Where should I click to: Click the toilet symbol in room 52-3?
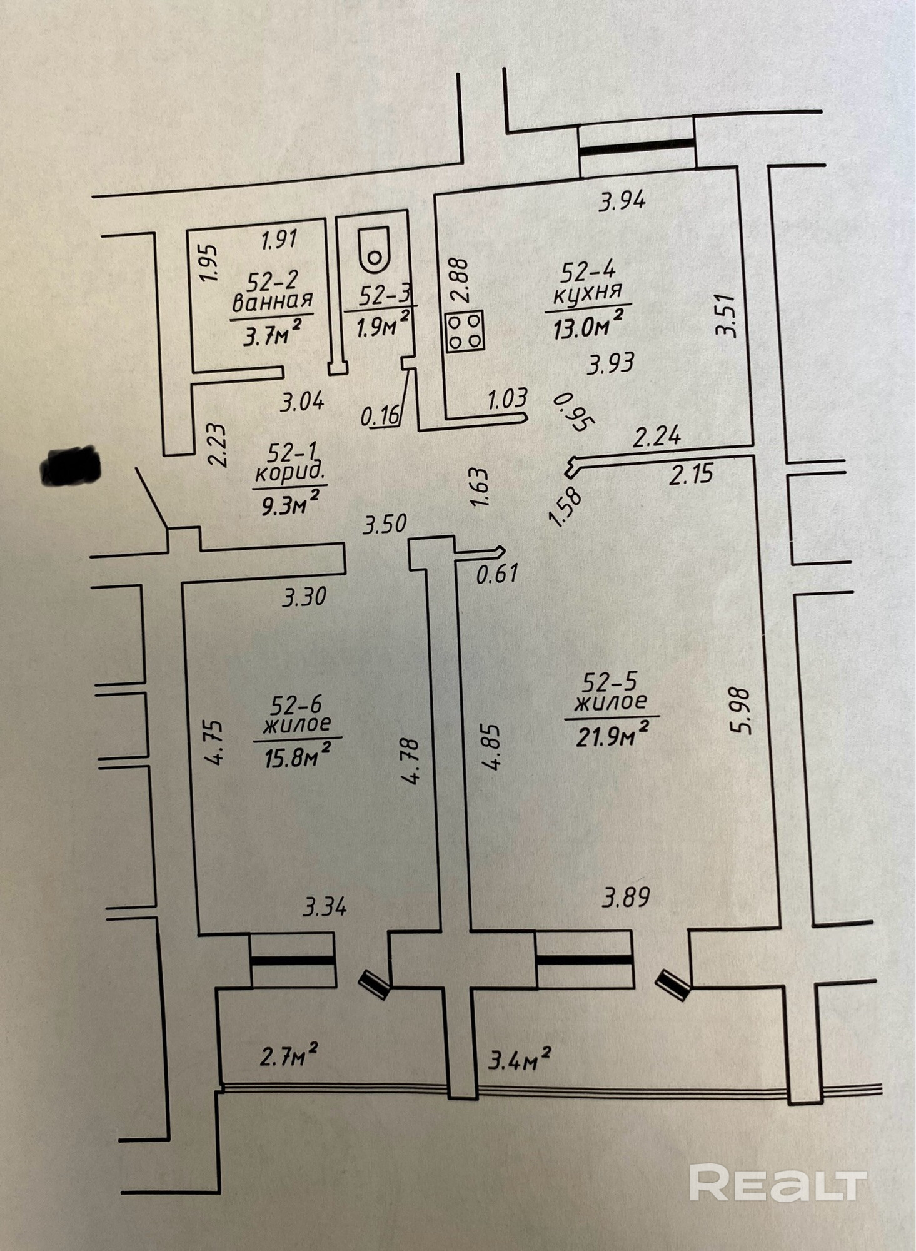(374, 250)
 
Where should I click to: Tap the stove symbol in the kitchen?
(465, 330)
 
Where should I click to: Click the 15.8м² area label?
(297, 757)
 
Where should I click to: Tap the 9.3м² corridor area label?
(290, 503)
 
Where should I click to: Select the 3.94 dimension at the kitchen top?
(622, 201)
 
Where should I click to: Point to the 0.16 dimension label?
(380, 416)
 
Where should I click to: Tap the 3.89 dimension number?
(626, 898)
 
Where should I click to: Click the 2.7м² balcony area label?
(288, 1057)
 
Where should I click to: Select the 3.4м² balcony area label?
(520, 1060)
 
